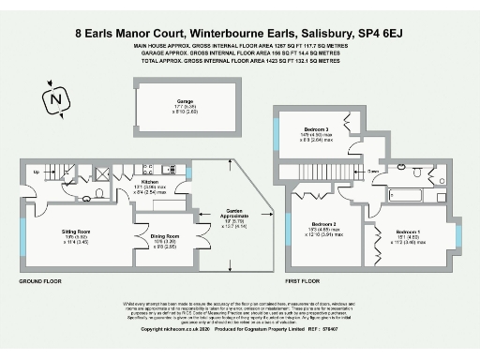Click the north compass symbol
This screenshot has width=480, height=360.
(x=57, y=98)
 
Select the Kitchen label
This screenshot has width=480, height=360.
(x=150, y=182)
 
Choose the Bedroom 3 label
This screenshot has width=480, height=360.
(x=316, y=129)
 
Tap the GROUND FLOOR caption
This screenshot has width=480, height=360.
(x=40, y=280)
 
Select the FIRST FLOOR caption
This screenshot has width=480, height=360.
(x=305, y=280)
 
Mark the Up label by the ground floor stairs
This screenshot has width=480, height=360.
(x=37, y=172)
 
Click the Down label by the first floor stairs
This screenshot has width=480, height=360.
(x=373, y=172)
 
